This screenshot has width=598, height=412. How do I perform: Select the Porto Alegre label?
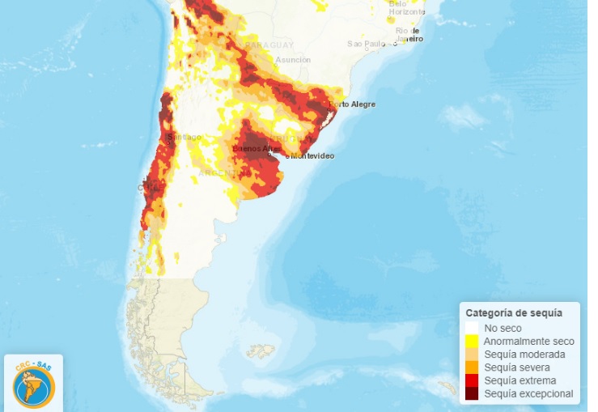(353, 104)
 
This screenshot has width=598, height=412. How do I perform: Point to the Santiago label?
(184, 138)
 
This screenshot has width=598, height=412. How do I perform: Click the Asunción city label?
(293, 60)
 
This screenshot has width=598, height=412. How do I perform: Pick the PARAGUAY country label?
(269, 45)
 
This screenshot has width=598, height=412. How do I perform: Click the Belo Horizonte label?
(407, 8)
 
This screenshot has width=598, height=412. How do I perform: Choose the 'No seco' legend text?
(503, 328)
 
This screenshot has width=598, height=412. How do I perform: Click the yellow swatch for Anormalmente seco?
(472, 342)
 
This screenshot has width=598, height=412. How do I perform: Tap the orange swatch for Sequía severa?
(472, 367)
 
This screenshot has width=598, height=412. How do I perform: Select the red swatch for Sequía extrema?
(472, 380)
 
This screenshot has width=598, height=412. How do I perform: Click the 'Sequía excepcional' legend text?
(528, 393)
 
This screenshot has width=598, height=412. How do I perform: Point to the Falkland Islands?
(261, 352)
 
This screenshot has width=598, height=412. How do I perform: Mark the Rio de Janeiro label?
(409, 34)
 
